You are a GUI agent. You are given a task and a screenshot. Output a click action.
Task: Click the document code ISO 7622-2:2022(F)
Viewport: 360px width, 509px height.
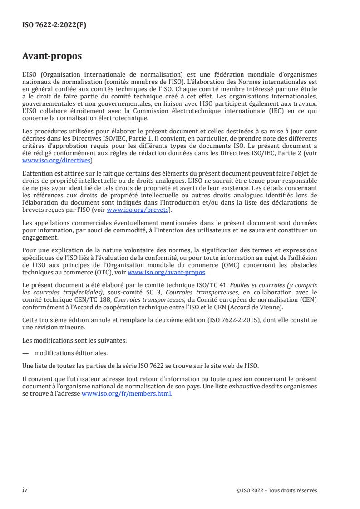[54, 25]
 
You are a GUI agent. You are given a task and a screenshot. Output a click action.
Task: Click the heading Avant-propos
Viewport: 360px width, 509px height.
[52, 57]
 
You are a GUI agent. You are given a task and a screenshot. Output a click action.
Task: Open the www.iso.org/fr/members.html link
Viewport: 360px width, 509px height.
[126, 394]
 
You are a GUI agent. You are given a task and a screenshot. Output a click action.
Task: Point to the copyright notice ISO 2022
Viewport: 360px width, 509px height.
[276, 490]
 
